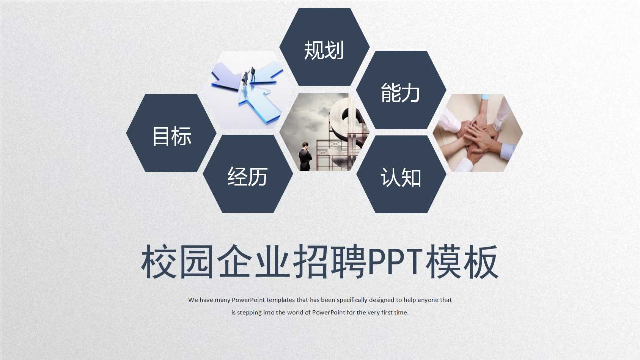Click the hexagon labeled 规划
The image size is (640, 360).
(324, 47)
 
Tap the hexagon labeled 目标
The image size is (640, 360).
(171, 134)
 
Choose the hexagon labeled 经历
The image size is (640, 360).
(248, 174)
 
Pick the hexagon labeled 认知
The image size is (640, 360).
(401, 175)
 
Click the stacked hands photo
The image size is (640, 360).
(478, 133)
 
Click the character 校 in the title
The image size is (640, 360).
(158, 261)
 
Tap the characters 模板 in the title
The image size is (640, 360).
(462, 261)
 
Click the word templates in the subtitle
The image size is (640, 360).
(280, 300)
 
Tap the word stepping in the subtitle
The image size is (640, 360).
(249, 313)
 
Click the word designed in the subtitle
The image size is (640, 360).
(382, 300)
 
